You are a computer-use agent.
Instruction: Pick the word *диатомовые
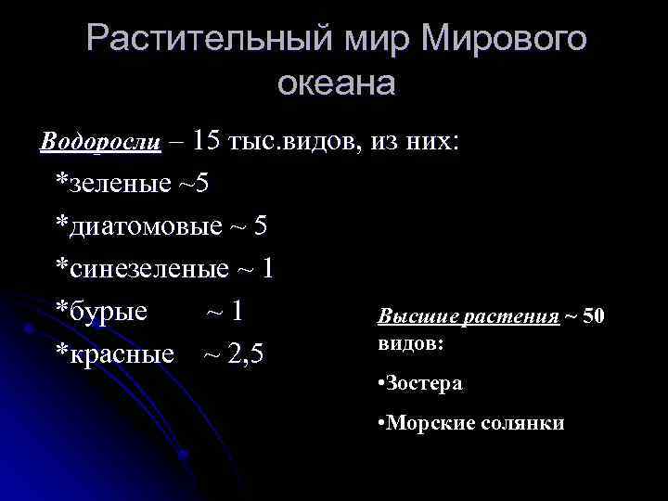(139, 226)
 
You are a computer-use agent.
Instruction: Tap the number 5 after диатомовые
(260, 226)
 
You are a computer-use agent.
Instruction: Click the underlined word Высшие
(409, 317)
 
